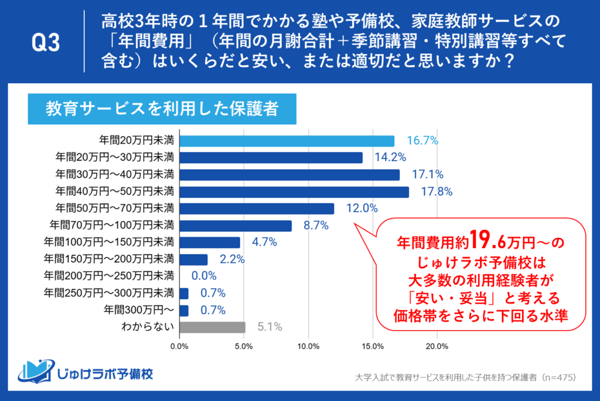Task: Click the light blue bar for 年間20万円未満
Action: pyautogui.click(x=287, y=141)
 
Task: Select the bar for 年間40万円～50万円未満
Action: pyautogui.click(x=294, y=192)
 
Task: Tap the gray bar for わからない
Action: pyautogui.click(x=212, y=327)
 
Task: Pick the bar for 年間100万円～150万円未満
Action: pyautogui.click(x=210, y=243)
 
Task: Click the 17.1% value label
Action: pyautogui.click(x=428, y=175)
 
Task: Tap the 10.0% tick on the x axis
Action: pyautogui.click(x=309, y=346)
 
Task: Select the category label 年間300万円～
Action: pyautogui.click(x=142, y=310)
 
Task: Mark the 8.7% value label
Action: pyautogui.click(x=316, y=226)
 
